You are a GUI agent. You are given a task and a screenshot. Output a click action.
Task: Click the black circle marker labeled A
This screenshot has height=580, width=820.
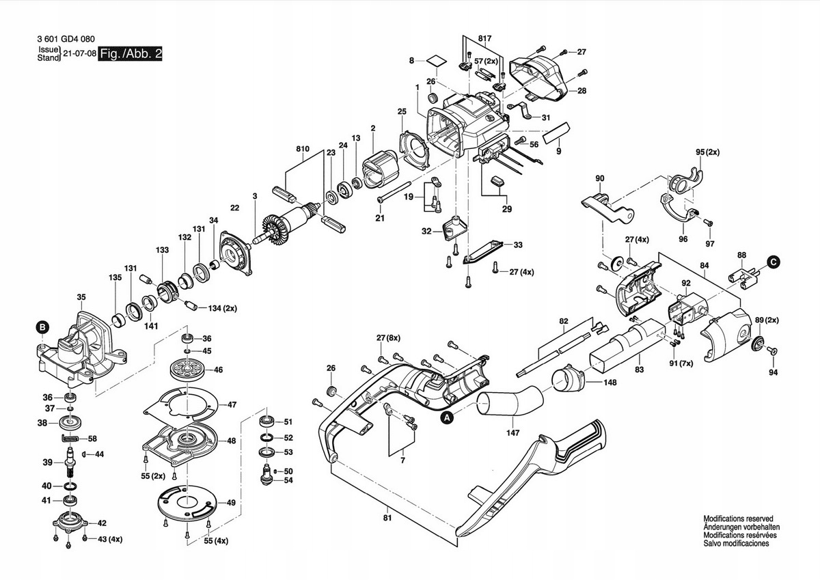click(446, 416)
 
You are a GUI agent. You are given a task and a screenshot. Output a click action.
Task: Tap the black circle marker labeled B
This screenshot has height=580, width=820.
click(42, 329)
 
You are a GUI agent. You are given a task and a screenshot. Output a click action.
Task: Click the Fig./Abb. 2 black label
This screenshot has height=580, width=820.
click(131, 54)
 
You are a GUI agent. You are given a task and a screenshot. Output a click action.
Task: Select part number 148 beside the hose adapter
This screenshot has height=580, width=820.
click(610, 383)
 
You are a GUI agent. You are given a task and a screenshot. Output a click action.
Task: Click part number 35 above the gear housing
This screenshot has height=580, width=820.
click(81, 297)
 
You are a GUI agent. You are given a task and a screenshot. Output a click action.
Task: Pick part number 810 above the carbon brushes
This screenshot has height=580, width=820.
click(303, 148)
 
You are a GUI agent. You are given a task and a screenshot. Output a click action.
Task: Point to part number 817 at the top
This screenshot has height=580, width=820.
click(485, 37)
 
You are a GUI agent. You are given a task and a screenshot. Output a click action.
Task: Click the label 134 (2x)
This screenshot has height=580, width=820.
click(218, 309)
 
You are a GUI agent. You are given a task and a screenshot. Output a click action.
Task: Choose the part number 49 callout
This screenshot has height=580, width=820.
click(231, 503)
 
